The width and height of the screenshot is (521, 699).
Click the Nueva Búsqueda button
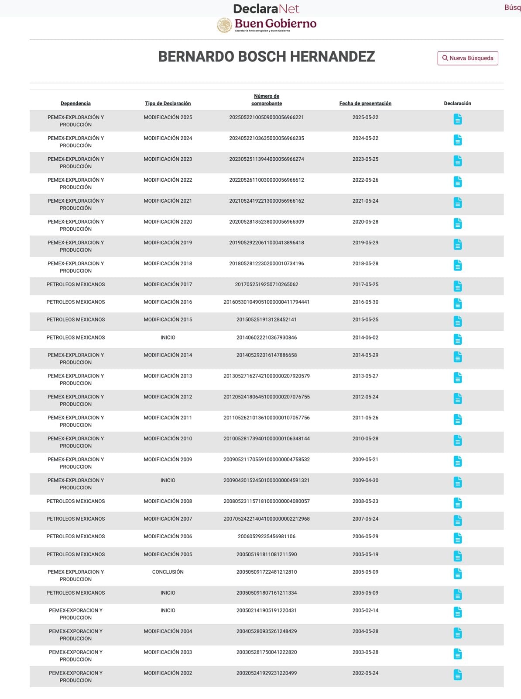click(x=467, y=58)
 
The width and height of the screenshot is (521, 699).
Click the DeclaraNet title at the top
click(x=266, y=9)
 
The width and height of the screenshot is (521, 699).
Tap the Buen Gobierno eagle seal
click(x=224, y=25)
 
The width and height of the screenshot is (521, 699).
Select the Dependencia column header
click(x=75, y=104)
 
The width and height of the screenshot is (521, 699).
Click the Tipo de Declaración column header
click(x=168, y=104)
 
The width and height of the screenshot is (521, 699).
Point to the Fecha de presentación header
click(x=365, y=104)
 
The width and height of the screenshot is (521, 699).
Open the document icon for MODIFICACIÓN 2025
click(x=457, y=119)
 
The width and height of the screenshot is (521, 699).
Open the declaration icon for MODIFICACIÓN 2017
click(x=457, y=286)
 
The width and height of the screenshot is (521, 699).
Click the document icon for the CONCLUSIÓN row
click(x=457, y=574)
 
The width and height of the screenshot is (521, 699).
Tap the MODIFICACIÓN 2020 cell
click(x=168, y=222)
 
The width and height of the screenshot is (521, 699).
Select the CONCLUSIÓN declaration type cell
click(x=168, y=572)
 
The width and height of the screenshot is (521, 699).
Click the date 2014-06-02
click(x=365, y=338)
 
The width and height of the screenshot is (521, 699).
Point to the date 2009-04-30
click(x=365, y=481)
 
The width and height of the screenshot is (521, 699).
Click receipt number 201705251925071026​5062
click(x=266, y=284)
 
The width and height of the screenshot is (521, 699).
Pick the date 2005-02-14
click(x=365, y=611)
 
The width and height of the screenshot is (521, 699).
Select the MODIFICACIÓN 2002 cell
click(x=168, y=673)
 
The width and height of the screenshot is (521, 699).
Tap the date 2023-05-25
click(x=365, y=159)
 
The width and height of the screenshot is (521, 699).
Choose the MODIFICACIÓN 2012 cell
click(x=168, y=397)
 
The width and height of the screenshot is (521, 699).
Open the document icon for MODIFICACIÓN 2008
click(x=457, y=503)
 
